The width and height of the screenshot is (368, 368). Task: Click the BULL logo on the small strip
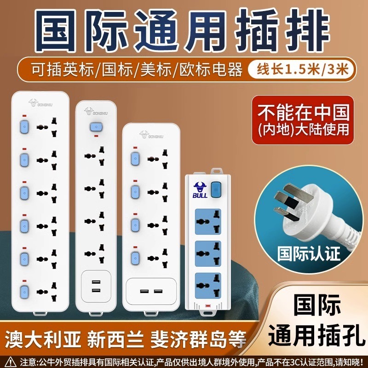[x=200, y=190]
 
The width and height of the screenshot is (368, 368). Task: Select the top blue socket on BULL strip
[x=208, y=221]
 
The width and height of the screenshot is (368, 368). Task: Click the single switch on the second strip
[x=96, y=126]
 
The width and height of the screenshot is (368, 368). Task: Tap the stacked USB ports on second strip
[x=96, y=286]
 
